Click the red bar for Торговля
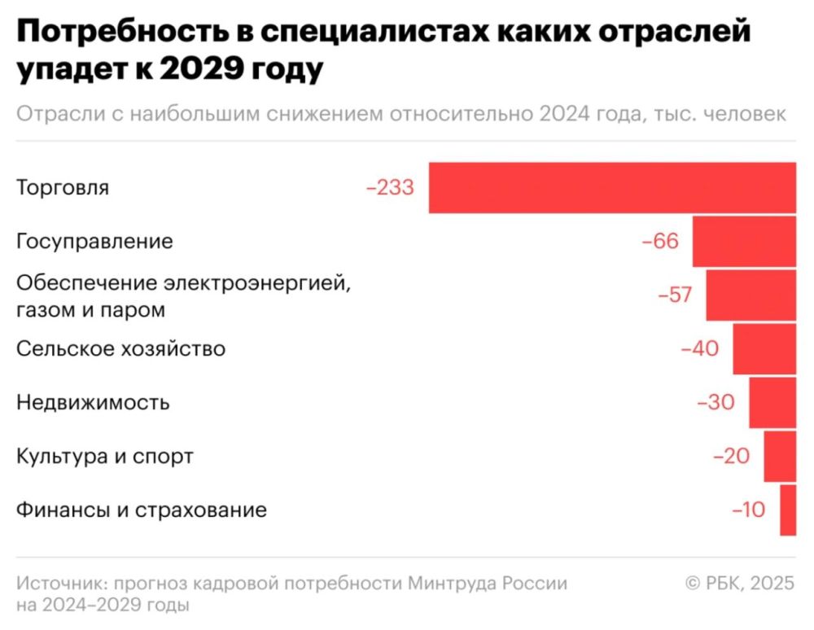click(612, 188)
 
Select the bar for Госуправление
click(744, 242)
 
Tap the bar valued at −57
click(751, 295)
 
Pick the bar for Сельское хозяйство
click(764, 348)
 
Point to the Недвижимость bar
click(772, 402)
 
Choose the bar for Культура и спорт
click(780, 456)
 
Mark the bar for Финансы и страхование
click(787, 510)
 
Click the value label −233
click(391, 188)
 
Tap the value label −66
click(660, 242)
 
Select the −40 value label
click(700, 348)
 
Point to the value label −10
click(749, 510)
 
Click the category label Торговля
click(63, 188)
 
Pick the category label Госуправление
click(94, 242)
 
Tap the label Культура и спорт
click(105, 456)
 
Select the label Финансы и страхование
click(142, 510)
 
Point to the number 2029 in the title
click(201, 71)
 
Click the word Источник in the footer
click(61, 584)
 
